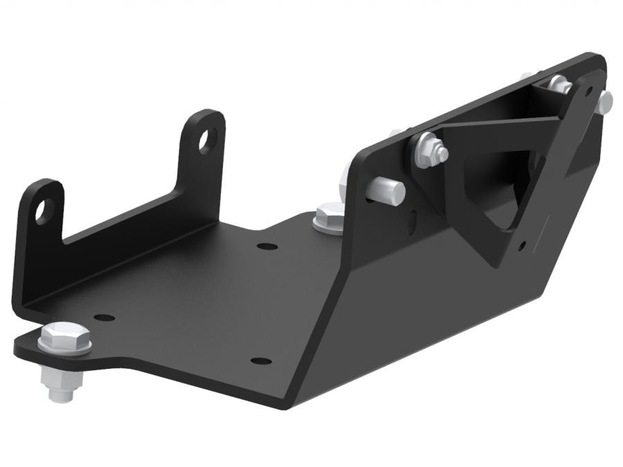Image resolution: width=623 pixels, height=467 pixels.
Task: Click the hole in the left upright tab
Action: [x=44, y=210]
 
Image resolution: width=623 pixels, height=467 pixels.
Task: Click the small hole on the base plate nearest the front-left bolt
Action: [x=104, y=318]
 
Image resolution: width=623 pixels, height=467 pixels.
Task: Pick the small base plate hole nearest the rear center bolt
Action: [x=267, y=246]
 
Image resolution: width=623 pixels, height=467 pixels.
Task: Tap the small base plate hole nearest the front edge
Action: [x=260, y=360]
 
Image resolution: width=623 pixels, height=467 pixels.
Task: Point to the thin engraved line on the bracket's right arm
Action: [x=547, y=221]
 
